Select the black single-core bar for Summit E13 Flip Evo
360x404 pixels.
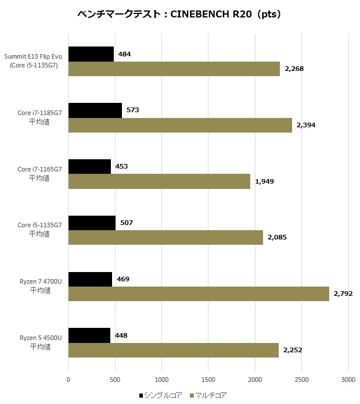(91, 54)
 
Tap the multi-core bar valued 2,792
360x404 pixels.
(199, 294)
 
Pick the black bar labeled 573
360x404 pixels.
(95, 110)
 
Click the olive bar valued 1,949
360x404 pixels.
(159, 181)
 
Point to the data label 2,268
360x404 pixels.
(294, 69)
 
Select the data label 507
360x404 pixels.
(129, 223)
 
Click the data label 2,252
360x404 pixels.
(293, 350)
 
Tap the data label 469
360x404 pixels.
(123, 279)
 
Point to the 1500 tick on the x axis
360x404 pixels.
(208, 380)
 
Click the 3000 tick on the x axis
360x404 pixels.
(348, 380)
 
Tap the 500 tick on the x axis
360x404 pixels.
(115, 380)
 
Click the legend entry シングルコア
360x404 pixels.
(160, 395)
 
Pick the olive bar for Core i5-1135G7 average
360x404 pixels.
(165, 237)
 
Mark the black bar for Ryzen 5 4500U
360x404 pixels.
(89, 335)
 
